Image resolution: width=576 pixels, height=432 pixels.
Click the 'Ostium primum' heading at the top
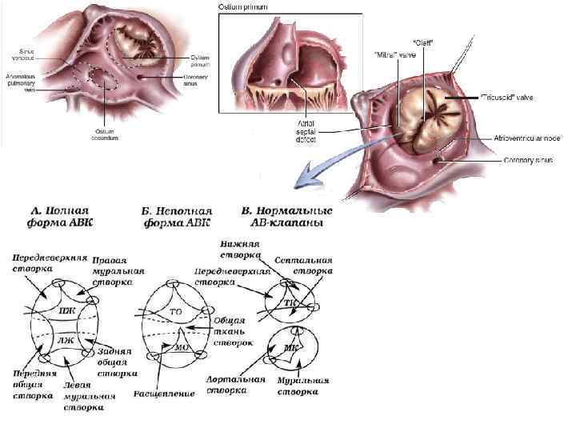[244, 7]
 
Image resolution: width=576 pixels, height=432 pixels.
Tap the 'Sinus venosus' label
[22, 54]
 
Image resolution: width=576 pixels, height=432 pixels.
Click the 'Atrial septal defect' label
[305, 132]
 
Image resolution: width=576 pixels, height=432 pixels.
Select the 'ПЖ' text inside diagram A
[67, 310]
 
